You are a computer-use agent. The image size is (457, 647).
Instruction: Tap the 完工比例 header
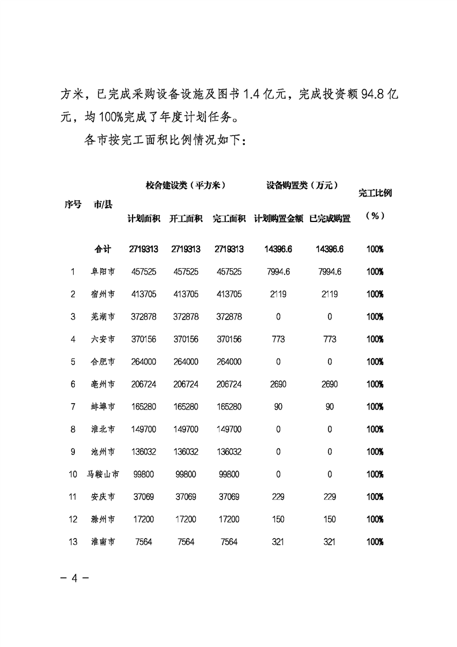(375, 193)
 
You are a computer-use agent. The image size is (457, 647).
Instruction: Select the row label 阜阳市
(103, 272)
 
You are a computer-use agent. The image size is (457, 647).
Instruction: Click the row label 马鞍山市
(103, 475)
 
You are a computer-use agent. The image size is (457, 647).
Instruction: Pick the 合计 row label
(103, 249)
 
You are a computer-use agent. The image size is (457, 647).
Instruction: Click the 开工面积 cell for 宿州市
(186, 294)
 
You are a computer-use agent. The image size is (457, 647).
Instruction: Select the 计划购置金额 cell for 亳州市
(278, 385)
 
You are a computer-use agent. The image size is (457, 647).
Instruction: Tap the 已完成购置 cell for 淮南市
(330, 542)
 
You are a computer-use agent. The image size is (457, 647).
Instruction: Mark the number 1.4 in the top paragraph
(247, 94)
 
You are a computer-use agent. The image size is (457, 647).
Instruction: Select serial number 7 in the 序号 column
(73, 407)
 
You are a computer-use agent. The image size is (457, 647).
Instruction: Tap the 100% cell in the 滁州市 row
(375, 520)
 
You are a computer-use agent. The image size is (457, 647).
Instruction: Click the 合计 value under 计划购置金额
(278, 249)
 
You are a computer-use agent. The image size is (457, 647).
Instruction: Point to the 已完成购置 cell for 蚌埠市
(330, 407)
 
